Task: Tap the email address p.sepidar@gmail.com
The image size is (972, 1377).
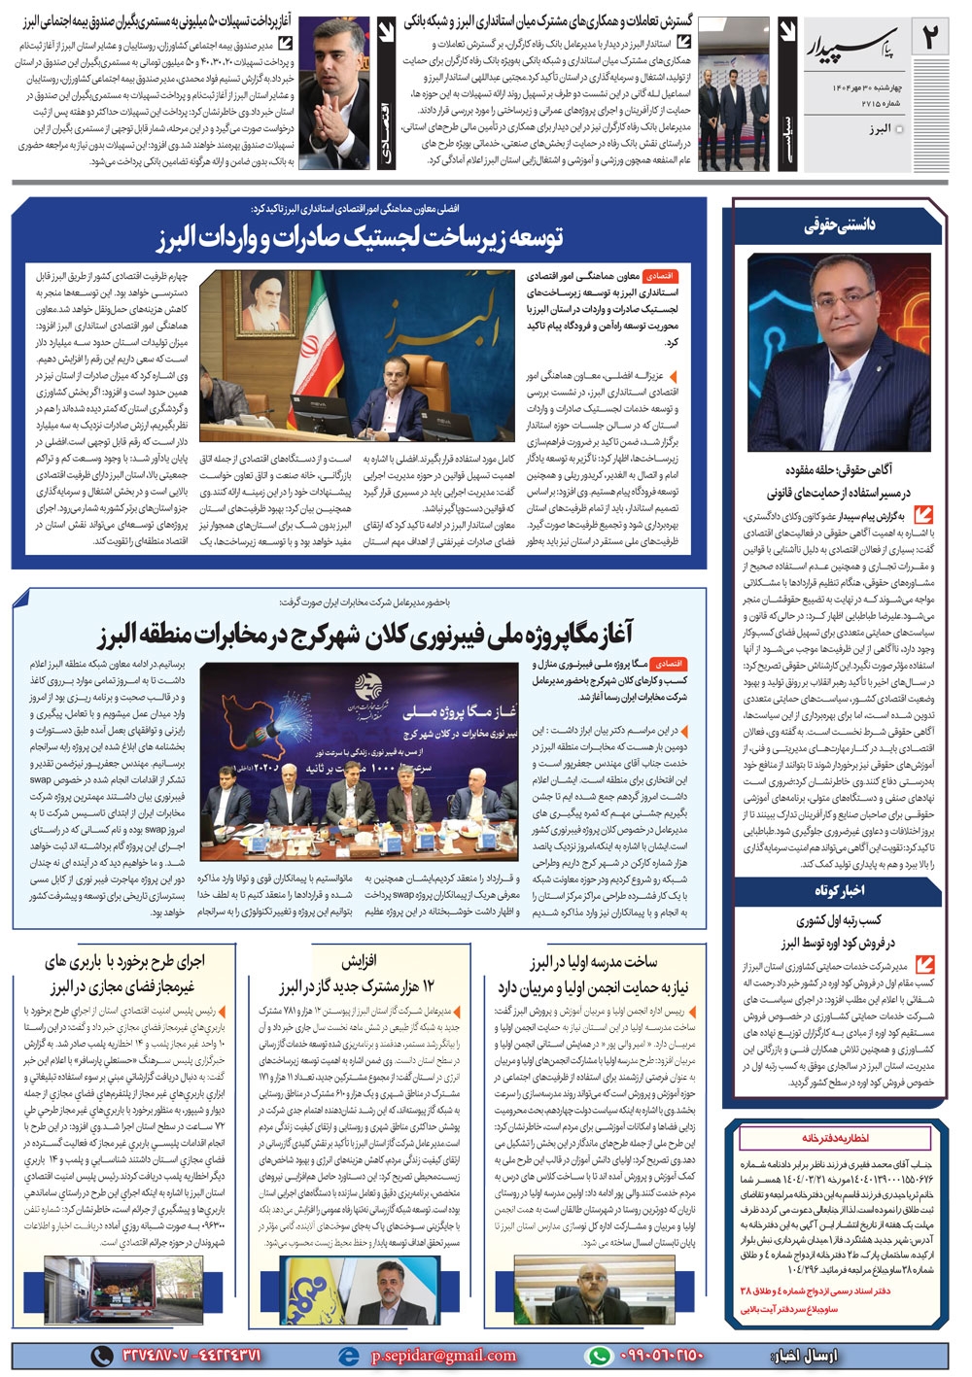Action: point(443,1356)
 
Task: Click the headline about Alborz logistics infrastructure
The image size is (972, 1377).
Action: point(360,236)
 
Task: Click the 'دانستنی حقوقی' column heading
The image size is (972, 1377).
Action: point(839,225)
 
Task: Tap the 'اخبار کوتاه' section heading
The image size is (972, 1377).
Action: point(839,890)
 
